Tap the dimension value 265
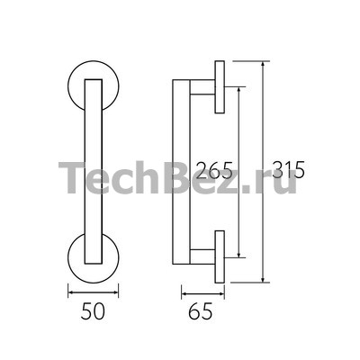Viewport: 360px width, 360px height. click(x=214, y=170)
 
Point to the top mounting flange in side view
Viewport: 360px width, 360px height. click(x=220, y=87)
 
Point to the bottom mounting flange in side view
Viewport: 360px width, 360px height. click(x=220, y=256)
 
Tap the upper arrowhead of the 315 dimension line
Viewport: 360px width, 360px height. click(x=263, y=64)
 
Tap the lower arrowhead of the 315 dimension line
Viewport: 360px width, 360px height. click(x=263, y=280)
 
